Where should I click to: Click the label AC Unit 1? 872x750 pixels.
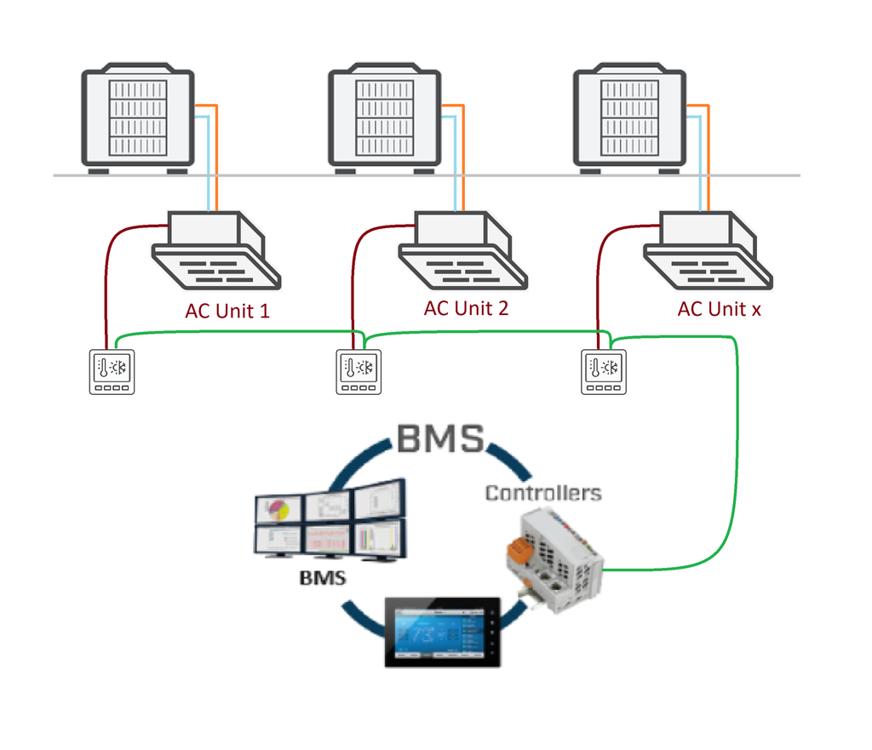click(227, 311)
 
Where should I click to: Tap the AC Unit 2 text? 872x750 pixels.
click(466, 308)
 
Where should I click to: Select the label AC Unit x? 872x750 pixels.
click(719, 309)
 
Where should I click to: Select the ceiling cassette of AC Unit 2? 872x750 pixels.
click(462, 251)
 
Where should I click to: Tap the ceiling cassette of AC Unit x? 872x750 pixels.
click(707, 251)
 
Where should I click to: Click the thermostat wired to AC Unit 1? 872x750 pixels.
click(113, 372)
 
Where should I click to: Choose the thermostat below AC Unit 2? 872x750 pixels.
click(359, 372)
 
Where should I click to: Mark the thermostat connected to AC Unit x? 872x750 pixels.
click(603, 372)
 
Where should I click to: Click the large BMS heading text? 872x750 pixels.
click(440, 439)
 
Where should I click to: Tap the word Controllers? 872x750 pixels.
click(542, 493)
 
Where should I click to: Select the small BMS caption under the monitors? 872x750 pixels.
click(323, 577)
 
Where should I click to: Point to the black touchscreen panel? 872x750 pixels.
click(442, 631)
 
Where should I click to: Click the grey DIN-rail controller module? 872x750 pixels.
click(558, 562)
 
